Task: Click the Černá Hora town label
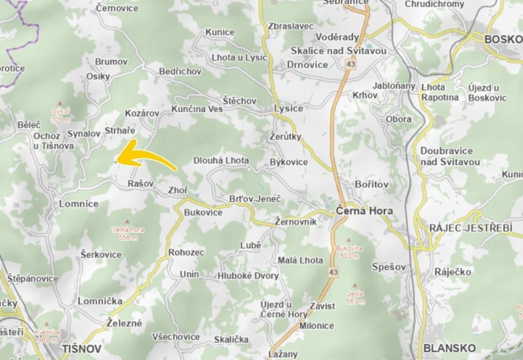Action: [x=364, y=211]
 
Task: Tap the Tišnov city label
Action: [x=82, y=349]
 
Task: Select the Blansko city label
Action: [x=449, y=348]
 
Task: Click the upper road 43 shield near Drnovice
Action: [x=350, y=65]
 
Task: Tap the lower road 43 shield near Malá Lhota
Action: [x=333, y=272]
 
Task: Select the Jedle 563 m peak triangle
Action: [x=355, y=286]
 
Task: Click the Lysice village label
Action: [x=289, y=108]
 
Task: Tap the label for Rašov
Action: [x=140, y=184]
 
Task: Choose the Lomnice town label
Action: [x=79, y=204]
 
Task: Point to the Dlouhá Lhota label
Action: [x=221, y=160]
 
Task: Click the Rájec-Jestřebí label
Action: [x=470, y=228]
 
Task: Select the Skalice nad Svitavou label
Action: [x=338, y=51]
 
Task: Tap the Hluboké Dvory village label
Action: [x=248, y=275]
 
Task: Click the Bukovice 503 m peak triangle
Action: [x=349, y=241]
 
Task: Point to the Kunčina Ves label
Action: [x=197, y=109]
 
